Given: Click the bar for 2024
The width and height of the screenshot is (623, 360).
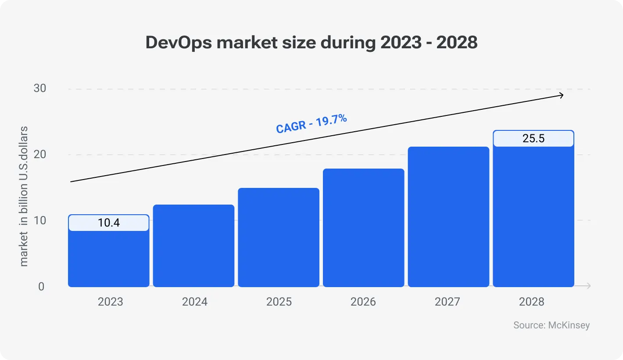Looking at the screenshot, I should click(193, 246).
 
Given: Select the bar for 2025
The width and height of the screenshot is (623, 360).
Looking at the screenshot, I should click(279, 238).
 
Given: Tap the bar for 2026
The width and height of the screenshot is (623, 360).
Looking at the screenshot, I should click(363, 228).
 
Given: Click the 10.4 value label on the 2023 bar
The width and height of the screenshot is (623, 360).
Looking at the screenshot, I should click(109, 223).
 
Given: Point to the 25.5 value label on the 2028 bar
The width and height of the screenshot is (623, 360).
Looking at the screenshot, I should click(533, 139).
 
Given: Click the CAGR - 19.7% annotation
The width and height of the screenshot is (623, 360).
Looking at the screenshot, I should click(311, 123).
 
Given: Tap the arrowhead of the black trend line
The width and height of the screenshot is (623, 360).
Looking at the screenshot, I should click(561, 95).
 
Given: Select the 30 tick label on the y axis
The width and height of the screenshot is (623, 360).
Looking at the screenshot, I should click(39, 88).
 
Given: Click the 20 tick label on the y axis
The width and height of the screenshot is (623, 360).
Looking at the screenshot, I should click(39, 155).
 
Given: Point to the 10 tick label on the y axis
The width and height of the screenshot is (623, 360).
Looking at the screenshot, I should click(39, 220).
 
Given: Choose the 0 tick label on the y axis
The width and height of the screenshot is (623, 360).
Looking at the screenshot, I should click(41, 286).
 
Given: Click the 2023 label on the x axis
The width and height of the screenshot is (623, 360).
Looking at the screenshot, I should click(111, 302).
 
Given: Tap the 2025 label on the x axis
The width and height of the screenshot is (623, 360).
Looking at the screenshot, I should click(279, 302).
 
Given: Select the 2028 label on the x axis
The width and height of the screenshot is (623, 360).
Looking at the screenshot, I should click(532, 302).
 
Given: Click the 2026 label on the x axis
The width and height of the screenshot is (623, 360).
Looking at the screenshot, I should click(363, 302).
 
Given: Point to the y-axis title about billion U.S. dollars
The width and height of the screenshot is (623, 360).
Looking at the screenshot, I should click(24, 196).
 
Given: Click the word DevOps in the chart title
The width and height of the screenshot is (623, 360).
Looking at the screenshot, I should click(178, 43).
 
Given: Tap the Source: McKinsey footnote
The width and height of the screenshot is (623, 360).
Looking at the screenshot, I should click(551, 325).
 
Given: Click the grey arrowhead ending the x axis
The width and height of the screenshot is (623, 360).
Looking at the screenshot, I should click(588, 286).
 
